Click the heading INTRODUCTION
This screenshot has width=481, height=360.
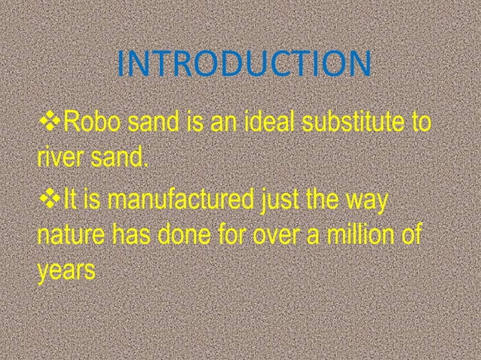click(x=244, y=66)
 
